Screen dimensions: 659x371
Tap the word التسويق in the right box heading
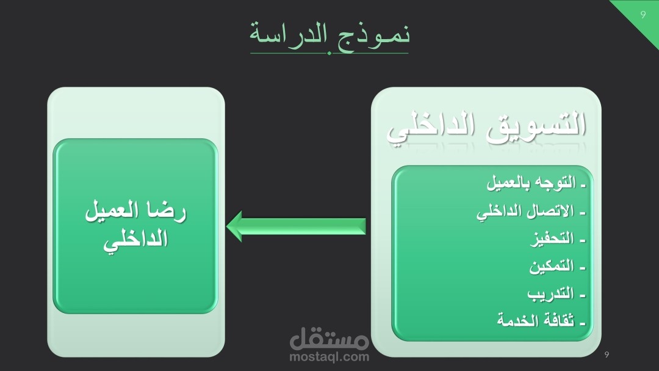(536, 125)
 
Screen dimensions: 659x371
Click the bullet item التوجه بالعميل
(536, 183)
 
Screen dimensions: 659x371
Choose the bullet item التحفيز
(558, 239)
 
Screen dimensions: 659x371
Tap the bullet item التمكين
(557, 266)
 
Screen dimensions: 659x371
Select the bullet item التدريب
(556, 293)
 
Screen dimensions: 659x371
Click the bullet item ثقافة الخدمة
(541, 320)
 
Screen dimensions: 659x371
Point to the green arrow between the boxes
(296, 227)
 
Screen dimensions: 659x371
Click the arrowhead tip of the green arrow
(226, 227)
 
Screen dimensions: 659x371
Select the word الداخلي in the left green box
(135, 240)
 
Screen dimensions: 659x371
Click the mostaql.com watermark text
(329, 358)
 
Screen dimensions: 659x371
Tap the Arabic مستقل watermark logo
(329, 338)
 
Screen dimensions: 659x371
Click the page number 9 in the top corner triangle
(643, 15)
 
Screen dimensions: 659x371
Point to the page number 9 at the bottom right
(607, 354)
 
